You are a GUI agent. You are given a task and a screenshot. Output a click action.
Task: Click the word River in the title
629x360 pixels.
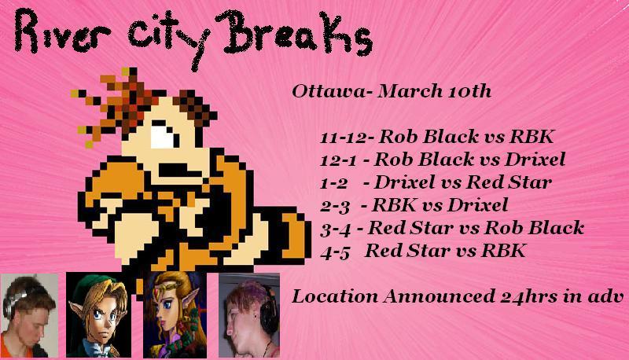[61, 33]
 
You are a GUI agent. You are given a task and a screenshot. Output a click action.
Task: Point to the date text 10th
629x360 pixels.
[467, 91]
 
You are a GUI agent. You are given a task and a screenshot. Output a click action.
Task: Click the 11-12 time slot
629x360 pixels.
[344, 138]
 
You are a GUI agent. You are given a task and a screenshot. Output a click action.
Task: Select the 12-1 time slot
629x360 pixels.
[338, 160]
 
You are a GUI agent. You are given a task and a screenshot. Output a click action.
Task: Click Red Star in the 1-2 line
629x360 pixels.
[509, 183]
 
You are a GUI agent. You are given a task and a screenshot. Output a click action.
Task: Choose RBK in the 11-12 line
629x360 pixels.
[532, 137]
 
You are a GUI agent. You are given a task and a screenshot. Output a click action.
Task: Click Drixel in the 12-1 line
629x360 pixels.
[535, 160]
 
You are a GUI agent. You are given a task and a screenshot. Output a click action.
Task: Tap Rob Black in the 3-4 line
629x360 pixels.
[534, 228]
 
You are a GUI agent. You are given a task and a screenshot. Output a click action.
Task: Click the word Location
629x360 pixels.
[335, 297]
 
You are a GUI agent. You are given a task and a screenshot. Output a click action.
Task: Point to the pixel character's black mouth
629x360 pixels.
[178, 170]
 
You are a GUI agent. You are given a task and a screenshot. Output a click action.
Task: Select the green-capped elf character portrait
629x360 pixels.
[99, 315]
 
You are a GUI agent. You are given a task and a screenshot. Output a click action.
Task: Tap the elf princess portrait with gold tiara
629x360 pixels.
[175, 315]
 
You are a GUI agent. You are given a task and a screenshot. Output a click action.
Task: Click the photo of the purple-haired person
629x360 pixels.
[248, 315]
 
